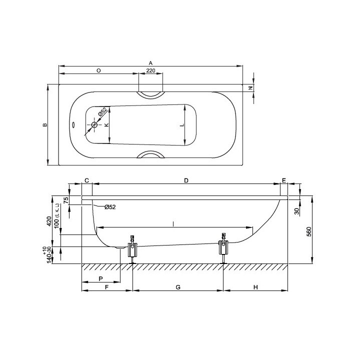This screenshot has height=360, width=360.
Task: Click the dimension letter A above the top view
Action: coord(150,63)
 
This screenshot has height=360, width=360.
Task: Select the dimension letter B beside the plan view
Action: coord(45,125)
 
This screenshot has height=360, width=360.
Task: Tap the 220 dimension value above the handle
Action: coord(150,70)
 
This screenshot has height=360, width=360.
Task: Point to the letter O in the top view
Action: coord(98,70)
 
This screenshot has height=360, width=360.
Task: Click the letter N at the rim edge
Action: coord(251,87)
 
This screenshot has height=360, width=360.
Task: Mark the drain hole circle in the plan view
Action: coord(94,125)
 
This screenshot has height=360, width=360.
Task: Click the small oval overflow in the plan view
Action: coord(73,124)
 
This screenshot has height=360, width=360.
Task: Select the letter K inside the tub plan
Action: coord(106,124)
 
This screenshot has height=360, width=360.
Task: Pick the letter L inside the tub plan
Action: coord(182,125)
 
